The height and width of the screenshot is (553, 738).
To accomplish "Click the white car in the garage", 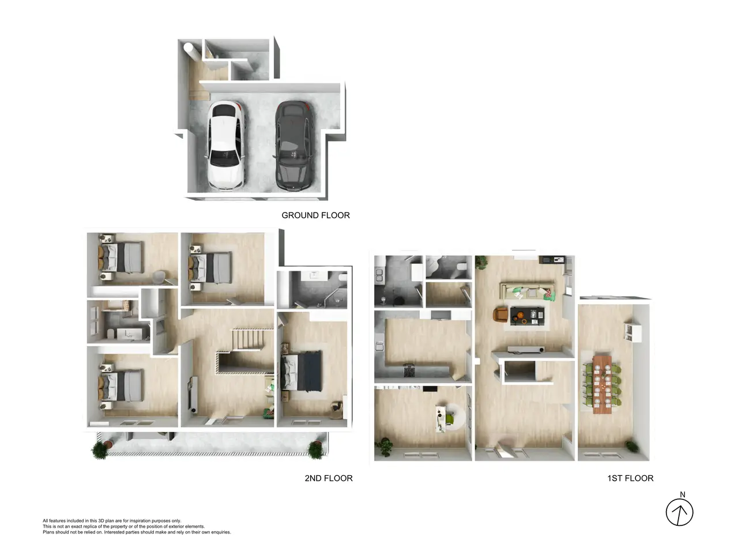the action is click(225, 146).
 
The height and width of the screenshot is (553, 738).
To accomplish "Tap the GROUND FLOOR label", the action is click(315, 215).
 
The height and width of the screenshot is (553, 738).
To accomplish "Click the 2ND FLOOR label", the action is click(329, 478).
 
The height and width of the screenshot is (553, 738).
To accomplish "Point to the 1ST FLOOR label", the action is click(630, 478).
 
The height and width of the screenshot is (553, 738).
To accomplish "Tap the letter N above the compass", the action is click(683, 495).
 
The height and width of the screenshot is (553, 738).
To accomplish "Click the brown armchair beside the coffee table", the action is click(500, 315).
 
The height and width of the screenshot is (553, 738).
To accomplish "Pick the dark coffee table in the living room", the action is click(527, 316).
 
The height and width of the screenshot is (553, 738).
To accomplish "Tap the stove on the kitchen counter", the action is click(409, 370).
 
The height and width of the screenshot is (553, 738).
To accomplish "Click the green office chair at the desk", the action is click(450, 419).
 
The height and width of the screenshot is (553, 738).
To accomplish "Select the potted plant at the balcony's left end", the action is click(100, 450).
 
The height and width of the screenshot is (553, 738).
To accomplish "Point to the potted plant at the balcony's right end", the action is click(316, 450).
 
